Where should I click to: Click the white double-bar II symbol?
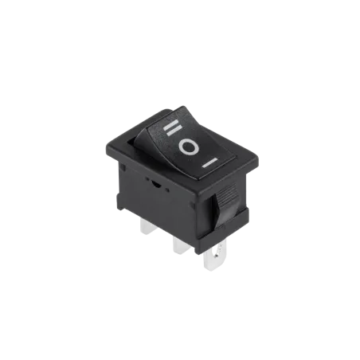coord(172,127)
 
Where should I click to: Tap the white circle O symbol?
coord(189,147)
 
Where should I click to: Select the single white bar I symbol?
coord(209,162)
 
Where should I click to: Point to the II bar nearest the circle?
coord(174,131)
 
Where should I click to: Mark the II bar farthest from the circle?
coord(170,124)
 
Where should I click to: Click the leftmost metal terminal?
coord(147,228)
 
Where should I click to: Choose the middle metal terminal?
coord(179,245)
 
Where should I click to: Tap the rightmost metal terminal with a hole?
coord(215,256)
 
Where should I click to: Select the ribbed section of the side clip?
coord(228,193)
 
